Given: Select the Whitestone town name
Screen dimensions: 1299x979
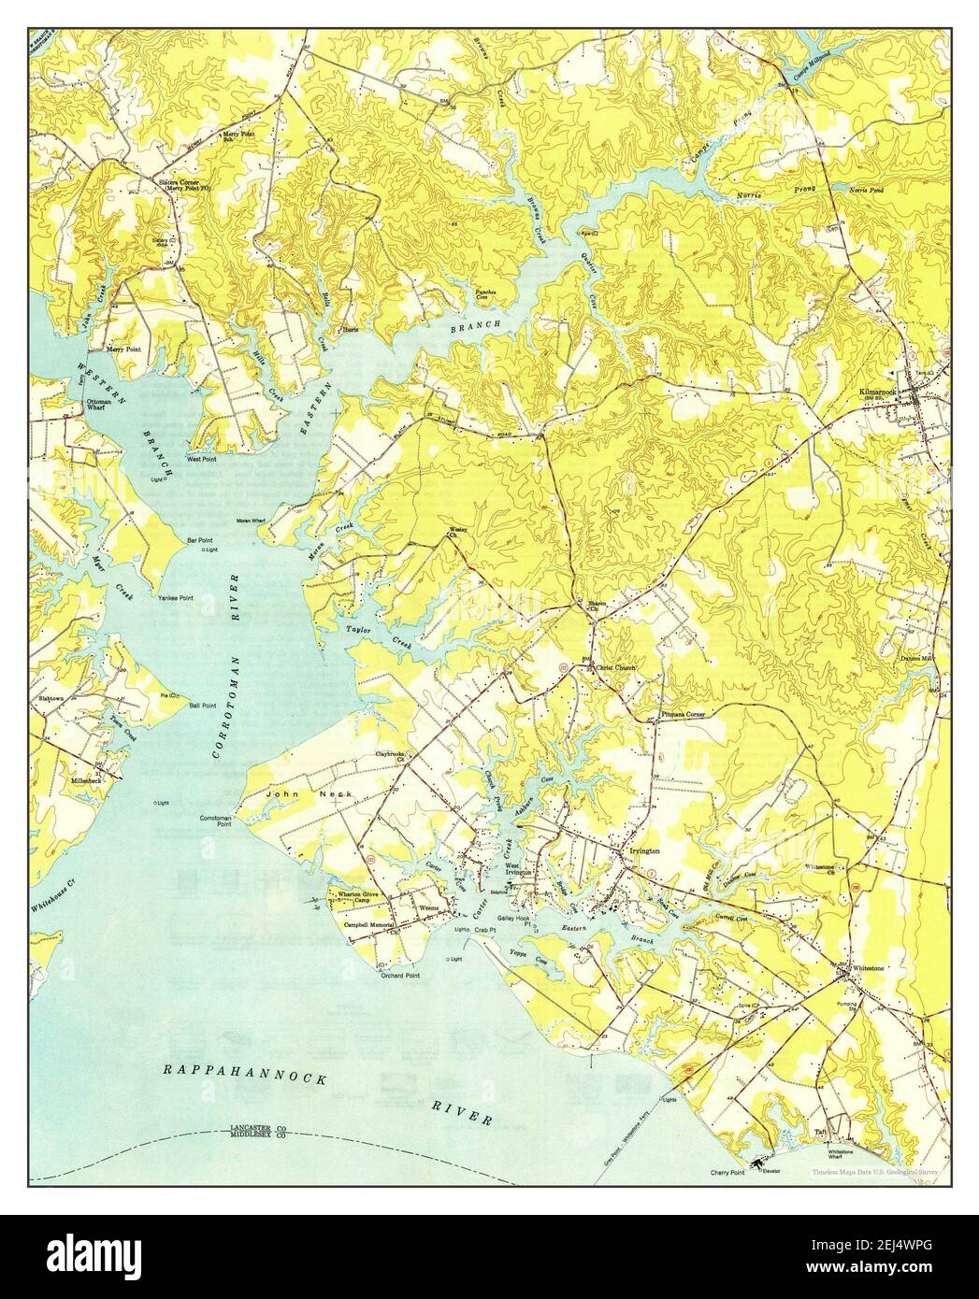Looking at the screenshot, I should pos(867,969).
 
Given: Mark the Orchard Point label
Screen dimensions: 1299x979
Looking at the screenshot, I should pos(399,975).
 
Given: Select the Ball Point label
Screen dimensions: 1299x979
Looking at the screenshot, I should pos(204,706).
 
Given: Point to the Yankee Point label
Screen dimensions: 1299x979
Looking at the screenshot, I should pos(175,597).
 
